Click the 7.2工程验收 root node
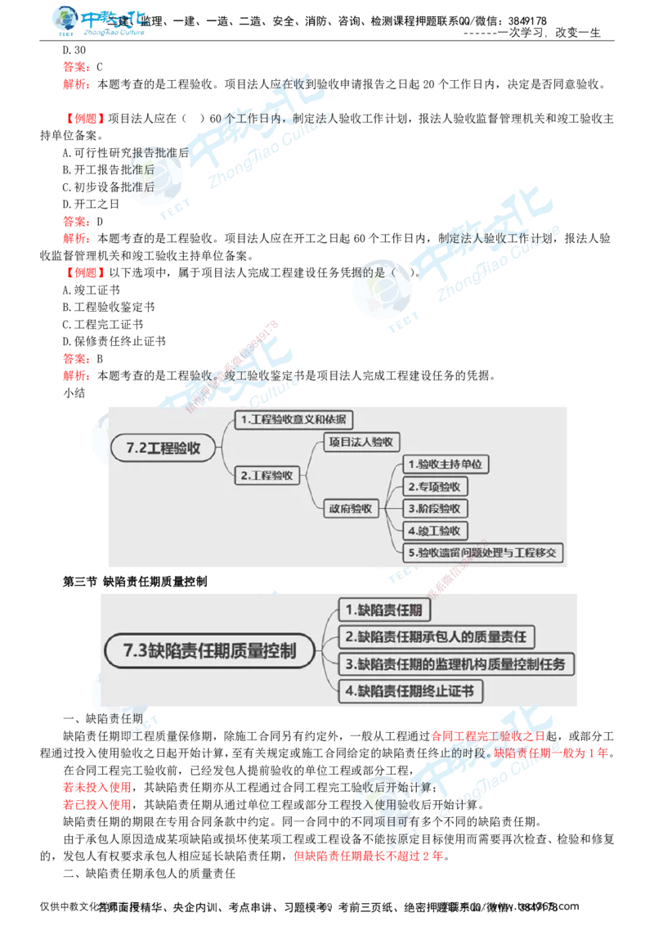tap(168, 448)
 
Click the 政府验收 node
tap(351, 508)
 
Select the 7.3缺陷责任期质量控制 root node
tap(209, 651)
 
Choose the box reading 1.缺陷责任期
tap(385, 609)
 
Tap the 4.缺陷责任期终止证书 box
tap(410, 691)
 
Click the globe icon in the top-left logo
tap(65, 20)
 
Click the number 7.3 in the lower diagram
tap(135, 651)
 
